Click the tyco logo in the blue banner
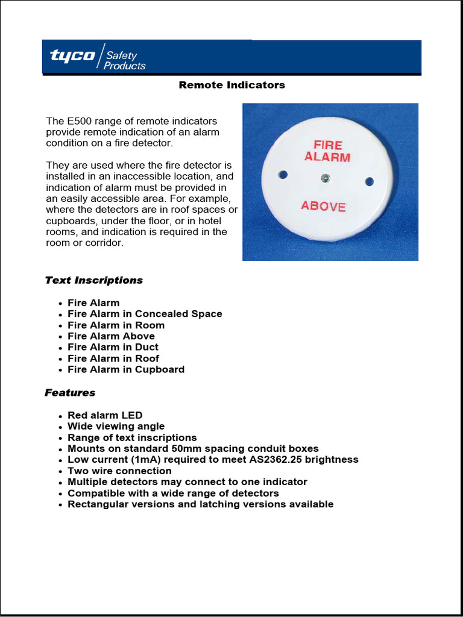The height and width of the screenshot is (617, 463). coord(72,56)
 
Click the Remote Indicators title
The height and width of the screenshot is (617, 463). coord(231,85)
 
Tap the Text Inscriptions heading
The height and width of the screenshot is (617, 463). coord(93,280)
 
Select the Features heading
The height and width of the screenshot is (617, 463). coord(70,393)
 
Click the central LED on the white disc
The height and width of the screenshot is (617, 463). coord(325,178)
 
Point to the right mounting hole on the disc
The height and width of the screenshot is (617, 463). coord(370,181)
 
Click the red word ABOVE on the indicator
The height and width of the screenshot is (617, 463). coord(323,206)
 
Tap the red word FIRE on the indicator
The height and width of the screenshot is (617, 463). coord(328,145)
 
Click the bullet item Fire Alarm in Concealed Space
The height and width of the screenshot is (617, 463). coord(145,314)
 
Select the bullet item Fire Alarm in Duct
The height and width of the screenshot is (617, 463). coord(113,347)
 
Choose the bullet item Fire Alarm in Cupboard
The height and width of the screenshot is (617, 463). coord(126,369)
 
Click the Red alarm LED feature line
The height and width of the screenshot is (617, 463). coord(105,415)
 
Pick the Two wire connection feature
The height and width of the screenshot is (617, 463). coord(119,471)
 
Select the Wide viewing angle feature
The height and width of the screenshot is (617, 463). coord(116,427)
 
